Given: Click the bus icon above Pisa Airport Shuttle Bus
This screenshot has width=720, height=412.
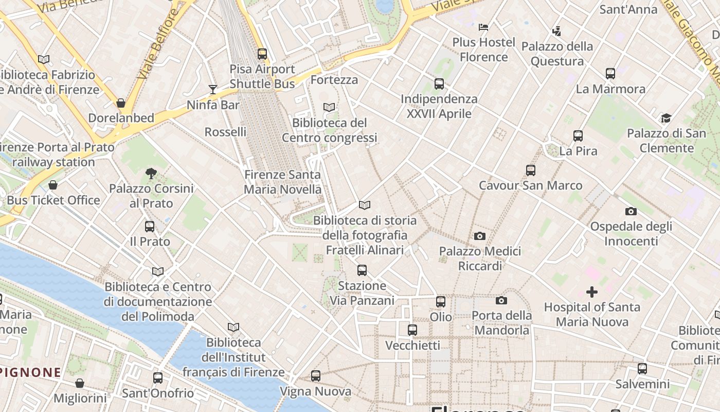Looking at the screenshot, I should (262, 54).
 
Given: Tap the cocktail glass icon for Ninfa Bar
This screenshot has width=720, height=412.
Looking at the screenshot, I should (213, 90).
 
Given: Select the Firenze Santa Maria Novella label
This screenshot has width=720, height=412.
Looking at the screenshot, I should (282, 182).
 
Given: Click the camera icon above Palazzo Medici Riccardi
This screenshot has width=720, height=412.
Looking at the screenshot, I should (479, 236).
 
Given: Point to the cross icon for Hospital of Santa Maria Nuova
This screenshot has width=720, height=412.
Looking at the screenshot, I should (592, 292).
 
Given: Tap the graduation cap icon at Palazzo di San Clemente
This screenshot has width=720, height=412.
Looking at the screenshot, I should (666, 118).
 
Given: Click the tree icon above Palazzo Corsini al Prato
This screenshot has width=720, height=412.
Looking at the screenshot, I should (151, 173).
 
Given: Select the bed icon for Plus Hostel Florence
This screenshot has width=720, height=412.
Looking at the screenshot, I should (483, 27).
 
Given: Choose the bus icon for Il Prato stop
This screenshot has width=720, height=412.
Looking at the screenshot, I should (150, 226).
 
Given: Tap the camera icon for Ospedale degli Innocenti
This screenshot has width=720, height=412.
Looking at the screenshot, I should (631, 211).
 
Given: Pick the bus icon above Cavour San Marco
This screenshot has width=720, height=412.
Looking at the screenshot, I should (531, 170).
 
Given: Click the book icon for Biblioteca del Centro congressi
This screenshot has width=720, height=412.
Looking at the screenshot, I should (329, 107).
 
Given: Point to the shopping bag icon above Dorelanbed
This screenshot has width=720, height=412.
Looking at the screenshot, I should (121, 103).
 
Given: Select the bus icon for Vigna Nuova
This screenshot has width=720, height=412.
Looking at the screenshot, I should (316, 376).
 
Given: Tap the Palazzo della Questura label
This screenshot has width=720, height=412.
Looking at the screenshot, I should (557, 54).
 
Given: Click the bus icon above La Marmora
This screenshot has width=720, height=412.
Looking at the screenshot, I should (610, 74).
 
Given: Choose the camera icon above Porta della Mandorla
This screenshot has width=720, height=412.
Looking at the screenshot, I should (501, 300).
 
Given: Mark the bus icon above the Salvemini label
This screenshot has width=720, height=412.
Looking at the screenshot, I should (642, 369).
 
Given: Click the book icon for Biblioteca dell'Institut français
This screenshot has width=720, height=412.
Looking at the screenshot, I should (233, 327).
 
